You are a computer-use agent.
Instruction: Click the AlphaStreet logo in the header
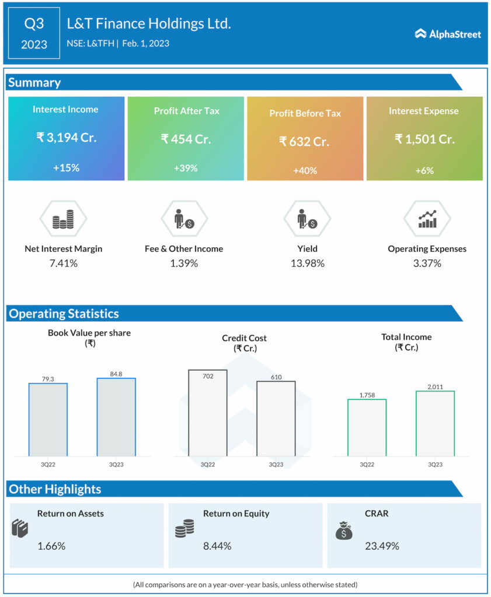tap(448, 34)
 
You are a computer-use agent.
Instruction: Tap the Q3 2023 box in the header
tap(34, 33)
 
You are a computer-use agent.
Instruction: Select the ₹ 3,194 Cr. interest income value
tap(65, 138)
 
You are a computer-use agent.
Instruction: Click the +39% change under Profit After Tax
tap(186, 168)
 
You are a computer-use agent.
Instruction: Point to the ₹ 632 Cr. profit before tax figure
tap(304, 141)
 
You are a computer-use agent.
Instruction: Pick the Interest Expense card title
tap(423, 111)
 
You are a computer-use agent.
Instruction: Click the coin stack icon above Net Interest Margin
tap(63, 219)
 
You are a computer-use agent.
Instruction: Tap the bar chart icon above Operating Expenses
tap(427, 219)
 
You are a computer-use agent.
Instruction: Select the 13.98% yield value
tap(307, 264)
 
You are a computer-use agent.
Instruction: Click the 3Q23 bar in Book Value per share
tap(116, 417)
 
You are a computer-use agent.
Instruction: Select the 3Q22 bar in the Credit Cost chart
tap(207, 413)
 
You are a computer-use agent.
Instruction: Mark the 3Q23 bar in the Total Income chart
tap(435, 423)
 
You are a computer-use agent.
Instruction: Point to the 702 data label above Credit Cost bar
tap(207, 377)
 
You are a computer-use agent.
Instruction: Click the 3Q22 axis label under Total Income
tap(367, 465)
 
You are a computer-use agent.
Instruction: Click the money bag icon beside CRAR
tap(343, 531)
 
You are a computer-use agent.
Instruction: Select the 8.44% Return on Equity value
tap(217, 546)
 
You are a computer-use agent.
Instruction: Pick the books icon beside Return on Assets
tap(20, 529)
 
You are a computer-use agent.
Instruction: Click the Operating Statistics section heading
tap(64, 314)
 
